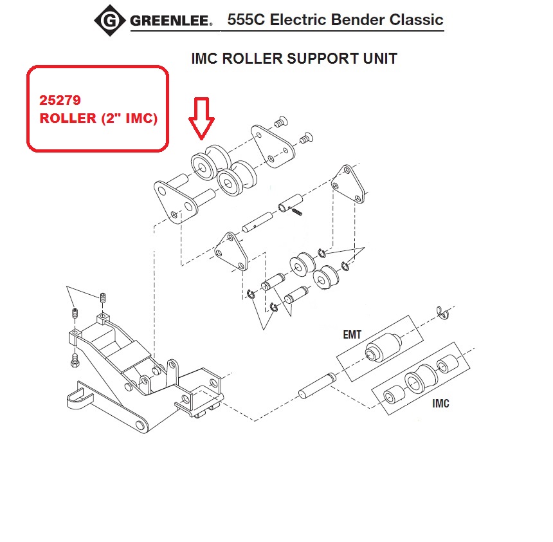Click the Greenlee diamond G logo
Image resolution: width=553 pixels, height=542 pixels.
(x=110, y=21)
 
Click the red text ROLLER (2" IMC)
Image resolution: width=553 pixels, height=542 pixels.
(x=98, y=119)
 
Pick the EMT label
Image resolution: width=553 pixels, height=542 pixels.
(x=353, y=334)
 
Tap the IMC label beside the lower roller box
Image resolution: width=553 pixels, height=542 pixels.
(x=440, y=404)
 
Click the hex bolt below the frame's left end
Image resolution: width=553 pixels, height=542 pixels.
(x=75, y=360)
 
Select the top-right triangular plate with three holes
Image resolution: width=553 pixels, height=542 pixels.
(x=348, y=185)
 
